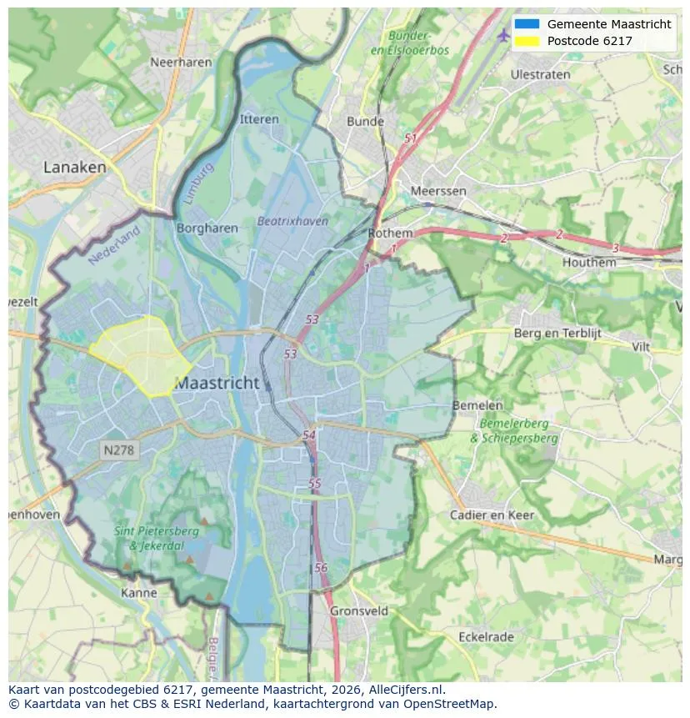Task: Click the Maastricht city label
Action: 217,384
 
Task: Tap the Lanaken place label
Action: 75,167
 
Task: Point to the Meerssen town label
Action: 438,191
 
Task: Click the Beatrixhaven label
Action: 292,221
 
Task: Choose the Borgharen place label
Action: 207,228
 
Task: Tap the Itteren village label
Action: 259,119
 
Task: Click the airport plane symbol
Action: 502,35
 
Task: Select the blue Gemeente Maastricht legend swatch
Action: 527,24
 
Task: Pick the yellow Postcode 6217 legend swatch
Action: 527,41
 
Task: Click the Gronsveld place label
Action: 359,610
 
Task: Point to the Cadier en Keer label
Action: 492,515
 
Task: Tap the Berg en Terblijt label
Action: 557,334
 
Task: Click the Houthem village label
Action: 589,262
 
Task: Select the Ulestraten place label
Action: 541,74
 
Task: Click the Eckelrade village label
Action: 486,637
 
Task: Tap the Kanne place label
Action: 138,593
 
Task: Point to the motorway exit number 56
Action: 321,567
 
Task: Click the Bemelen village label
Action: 477,405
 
